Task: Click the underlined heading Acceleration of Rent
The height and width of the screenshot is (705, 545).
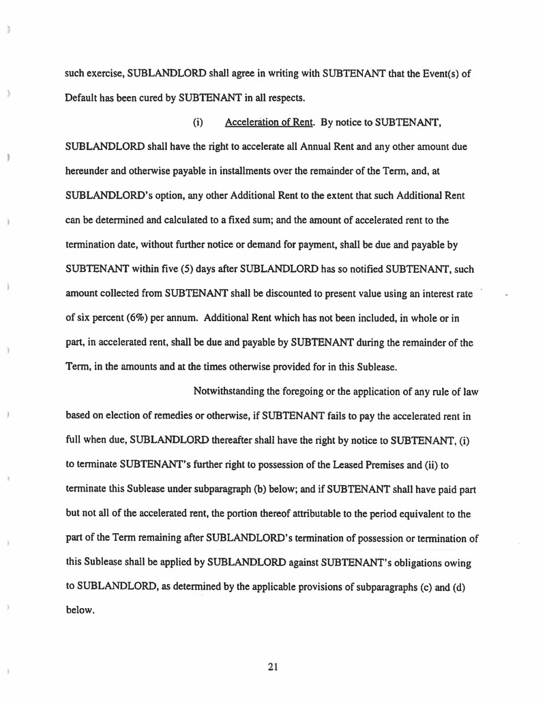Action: [x=267, y=123]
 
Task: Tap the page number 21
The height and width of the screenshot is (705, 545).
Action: [x=272, y=667]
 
